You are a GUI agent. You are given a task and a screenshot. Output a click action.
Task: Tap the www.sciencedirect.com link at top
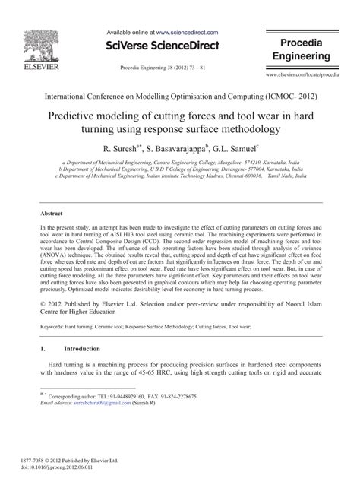[x=188, y=33]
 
